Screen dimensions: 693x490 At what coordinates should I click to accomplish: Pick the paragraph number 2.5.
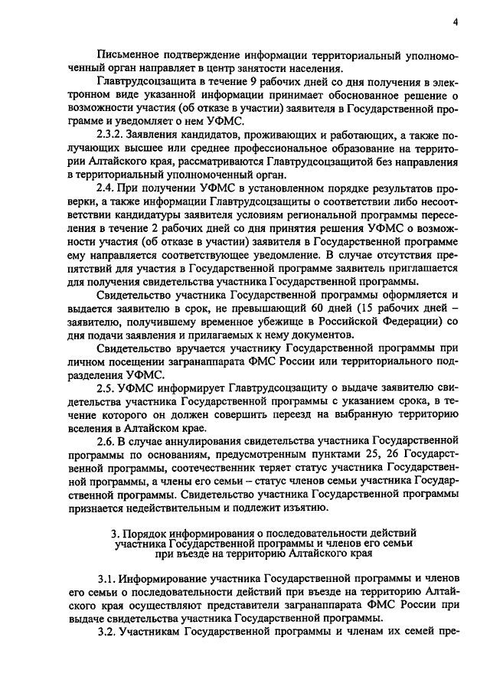pos(109,386)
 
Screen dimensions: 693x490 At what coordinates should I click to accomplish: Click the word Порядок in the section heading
pos(142,532)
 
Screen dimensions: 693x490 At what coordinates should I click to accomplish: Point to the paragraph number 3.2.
pos(109,634)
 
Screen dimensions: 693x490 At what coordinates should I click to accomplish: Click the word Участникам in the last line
pos(160,634)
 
